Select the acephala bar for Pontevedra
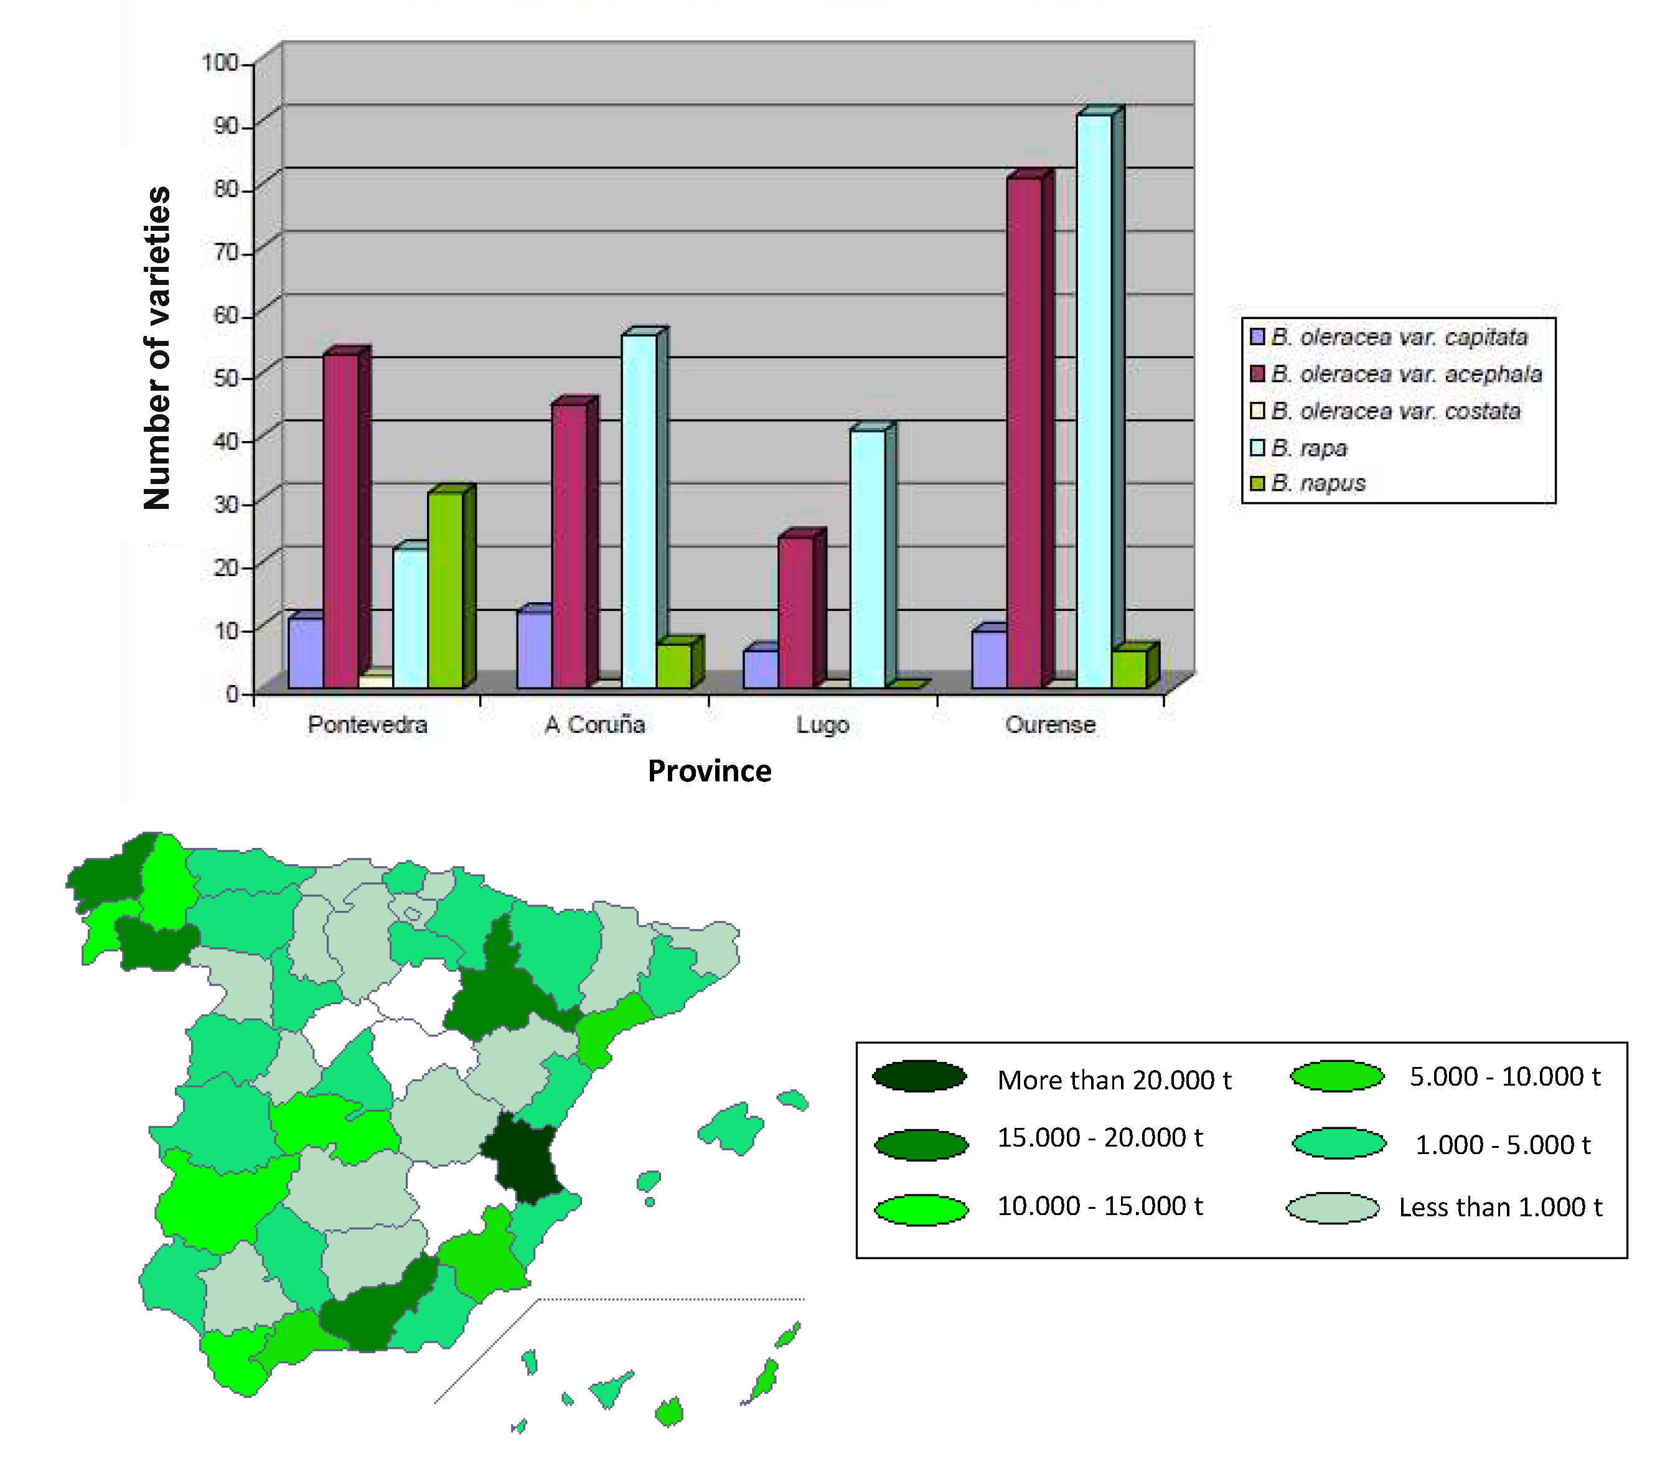tap(340, 521)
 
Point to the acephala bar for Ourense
tap(1024, 432)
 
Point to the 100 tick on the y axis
tap(220, 63)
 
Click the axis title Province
tap(710, 771)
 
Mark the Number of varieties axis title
tap(157, 348)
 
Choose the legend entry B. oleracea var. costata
tap(1395, 411)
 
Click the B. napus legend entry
tap(1318, 483)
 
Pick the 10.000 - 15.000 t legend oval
tap(921, 1209)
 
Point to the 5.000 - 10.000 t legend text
tap(1505, 1076)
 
